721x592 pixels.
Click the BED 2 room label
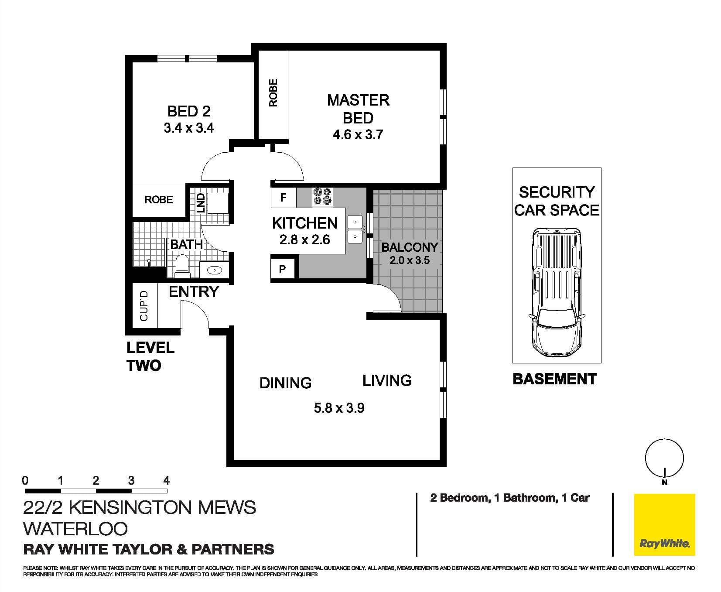tap(189, 111)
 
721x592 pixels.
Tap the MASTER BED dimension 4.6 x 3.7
tap(358, 134)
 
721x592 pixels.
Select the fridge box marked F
tap(283, 198)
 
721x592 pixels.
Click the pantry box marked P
tap(282, 269)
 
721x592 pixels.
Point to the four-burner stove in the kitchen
tap(322, 196)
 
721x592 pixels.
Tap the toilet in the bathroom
tap(181, 266)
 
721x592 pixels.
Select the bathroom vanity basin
tap(215, 270)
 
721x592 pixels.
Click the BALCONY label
tap(409, 247)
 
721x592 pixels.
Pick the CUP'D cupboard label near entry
tap(144, 306)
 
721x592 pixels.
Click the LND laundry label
tap(200, 203)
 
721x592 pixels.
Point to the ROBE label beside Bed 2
tap(159, 200)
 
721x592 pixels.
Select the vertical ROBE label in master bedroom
tap(273, 92)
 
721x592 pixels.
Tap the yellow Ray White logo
tap(664, 525)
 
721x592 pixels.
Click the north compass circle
tap(664, 458)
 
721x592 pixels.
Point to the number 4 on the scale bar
tap(166, 481)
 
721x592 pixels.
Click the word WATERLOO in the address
tap(75, 529)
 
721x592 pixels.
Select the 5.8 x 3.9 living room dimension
tap(339, 408)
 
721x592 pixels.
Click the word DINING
tap(285, 383)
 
